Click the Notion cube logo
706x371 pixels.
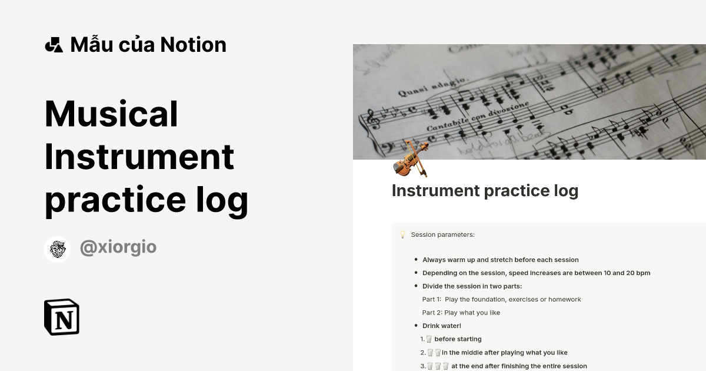62,317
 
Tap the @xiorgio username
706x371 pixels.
118,247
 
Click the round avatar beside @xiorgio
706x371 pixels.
58,249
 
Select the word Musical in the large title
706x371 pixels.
111,114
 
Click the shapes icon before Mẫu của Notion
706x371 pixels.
54,45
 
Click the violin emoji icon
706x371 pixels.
411,159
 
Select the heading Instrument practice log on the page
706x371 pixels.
485,191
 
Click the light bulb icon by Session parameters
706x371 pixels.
403,235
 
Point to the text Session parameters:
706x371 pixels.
442,235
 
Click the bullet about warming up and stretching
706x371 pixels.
500,260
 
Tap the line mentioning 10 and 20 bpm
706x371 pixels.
536,273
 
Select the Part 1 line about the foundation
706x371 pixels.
501,299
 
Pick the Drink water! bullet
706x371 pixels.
441,326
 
